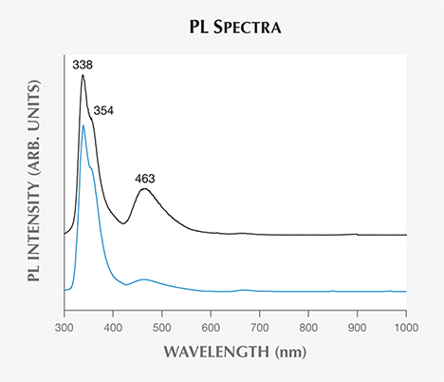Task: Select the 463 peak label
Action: pos(144,177)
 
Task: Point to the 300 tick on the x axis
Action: pos(65,325)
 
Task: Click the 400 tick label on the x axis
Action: pos(113,325)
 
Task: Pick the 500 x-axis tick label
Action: pos(162,325)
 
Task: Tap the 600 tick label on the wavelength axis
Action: pos(211,325)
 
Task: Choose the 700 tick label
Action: pos(260,325)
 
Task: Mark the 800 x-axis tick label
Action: pos(308,325)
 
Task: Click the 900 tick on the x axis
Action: pos(358,325)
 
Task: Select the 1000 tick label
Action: pos(404,325)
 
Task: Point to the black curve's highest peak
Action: pos(83,75)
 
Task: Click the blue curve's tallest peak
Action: pos(83,125)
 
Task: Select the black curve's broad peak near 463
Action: pos(144,189)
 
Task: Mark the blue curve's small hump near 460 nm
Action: pos(143,279)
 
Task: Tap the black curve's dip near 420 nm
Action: pos(123,222)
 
